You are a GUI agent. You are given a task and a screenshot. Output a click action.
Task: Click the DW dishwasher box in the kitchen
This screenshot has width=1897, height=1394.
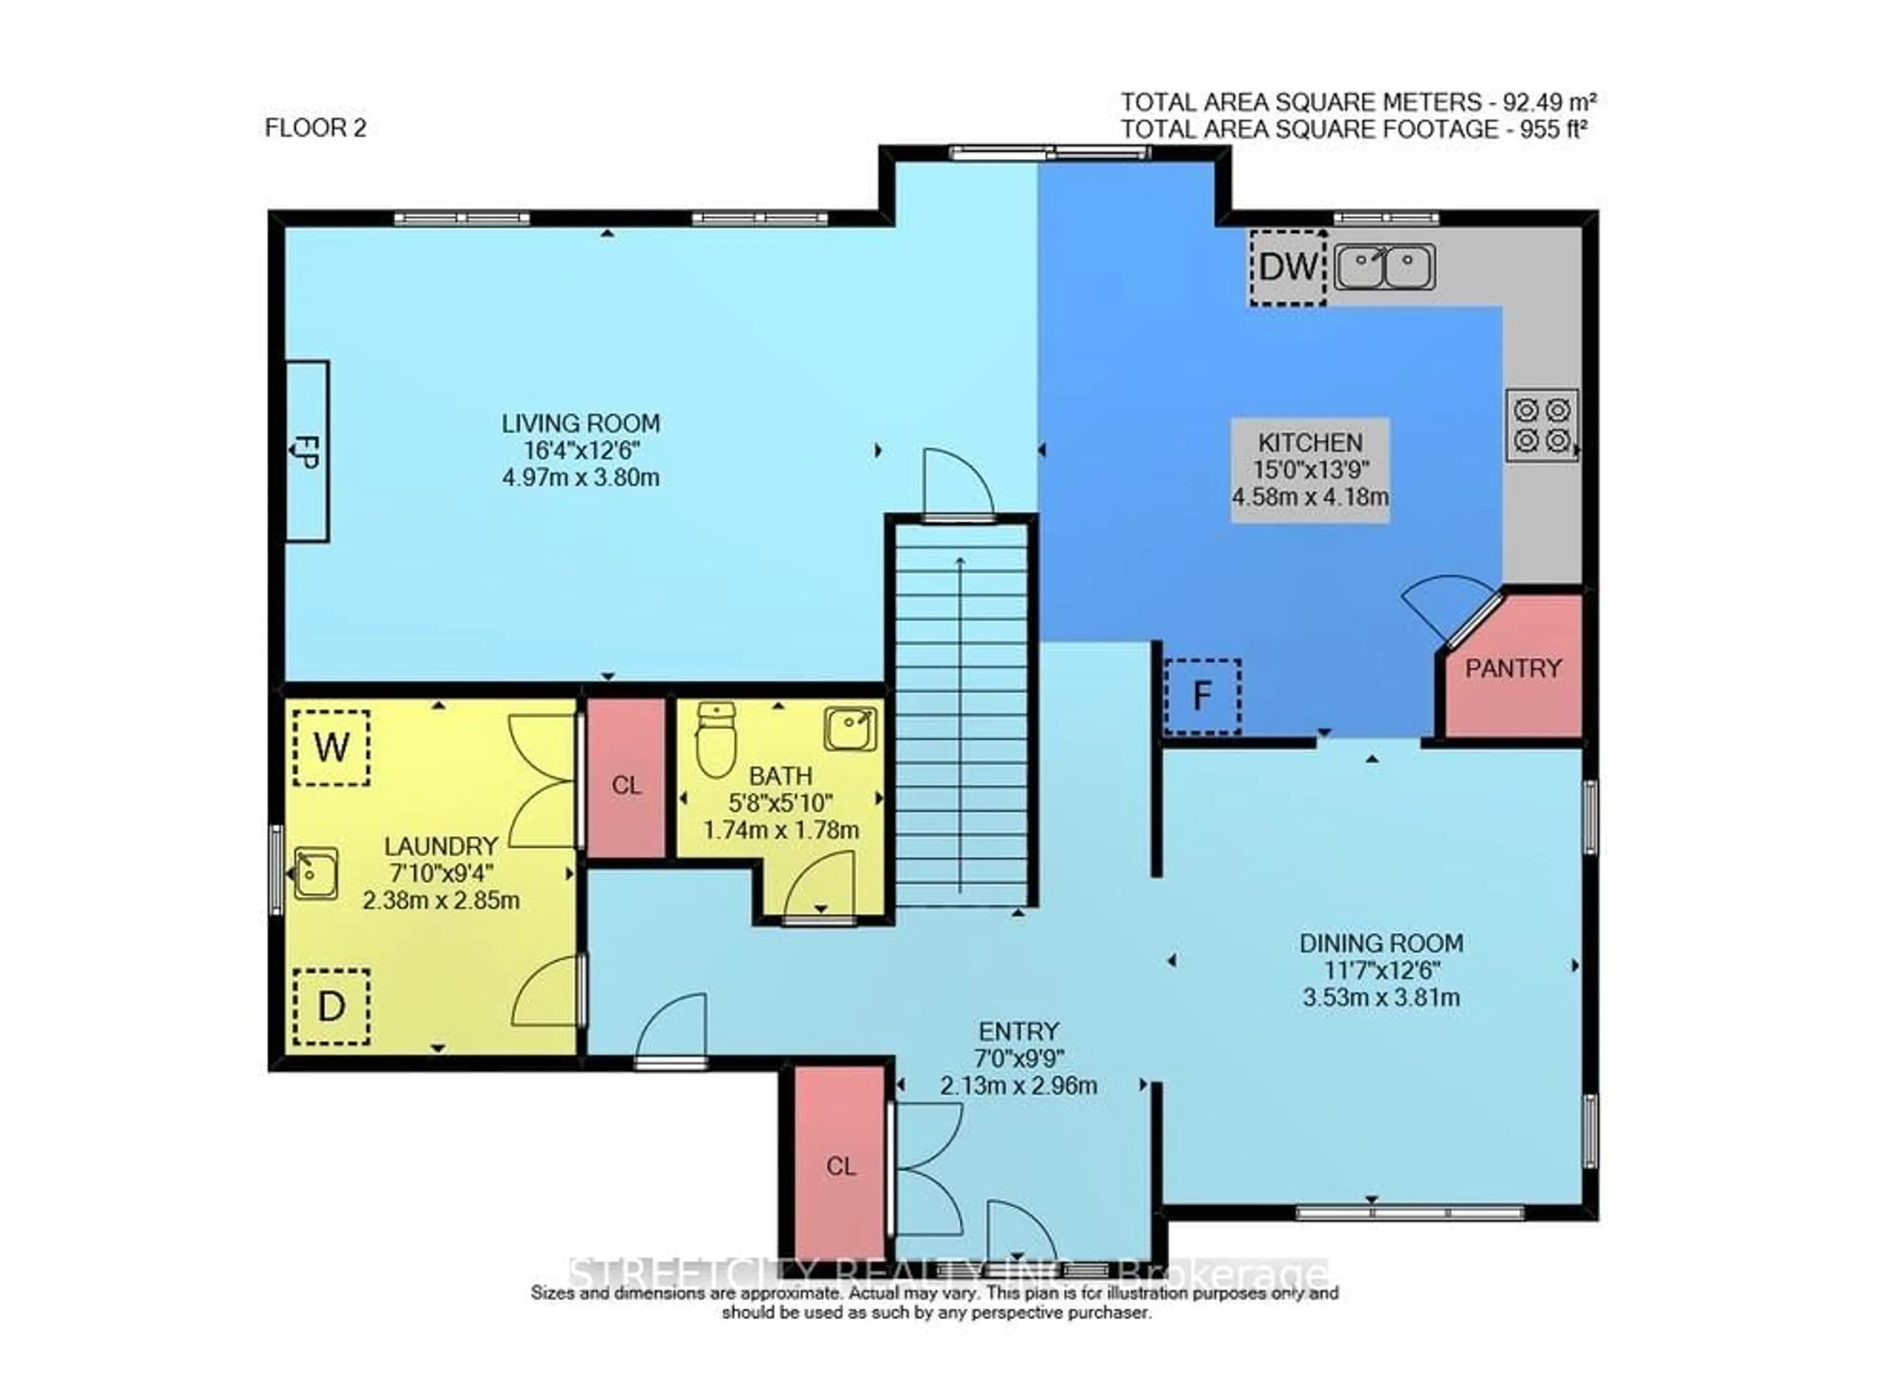click(1288, 268)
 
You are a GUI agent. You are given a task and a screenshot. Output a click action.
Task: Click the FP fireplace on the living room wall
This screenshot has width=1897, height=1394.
click(306, 451)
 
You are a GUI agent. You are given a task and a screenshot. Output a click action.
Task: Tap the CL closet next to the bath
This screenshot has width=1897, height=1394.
click(626, 785)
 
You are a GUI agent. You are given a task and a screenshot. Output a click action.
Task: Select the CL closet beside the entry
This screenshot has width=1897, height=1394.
click(840, 1166)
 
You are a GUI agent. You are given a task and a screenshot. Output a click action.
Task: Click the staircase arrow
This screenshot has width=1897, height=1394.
click(960, 726)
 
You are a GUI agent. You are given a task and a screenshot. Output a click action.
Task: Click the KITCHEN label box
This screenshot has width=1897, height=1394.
click(1310, 469)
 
